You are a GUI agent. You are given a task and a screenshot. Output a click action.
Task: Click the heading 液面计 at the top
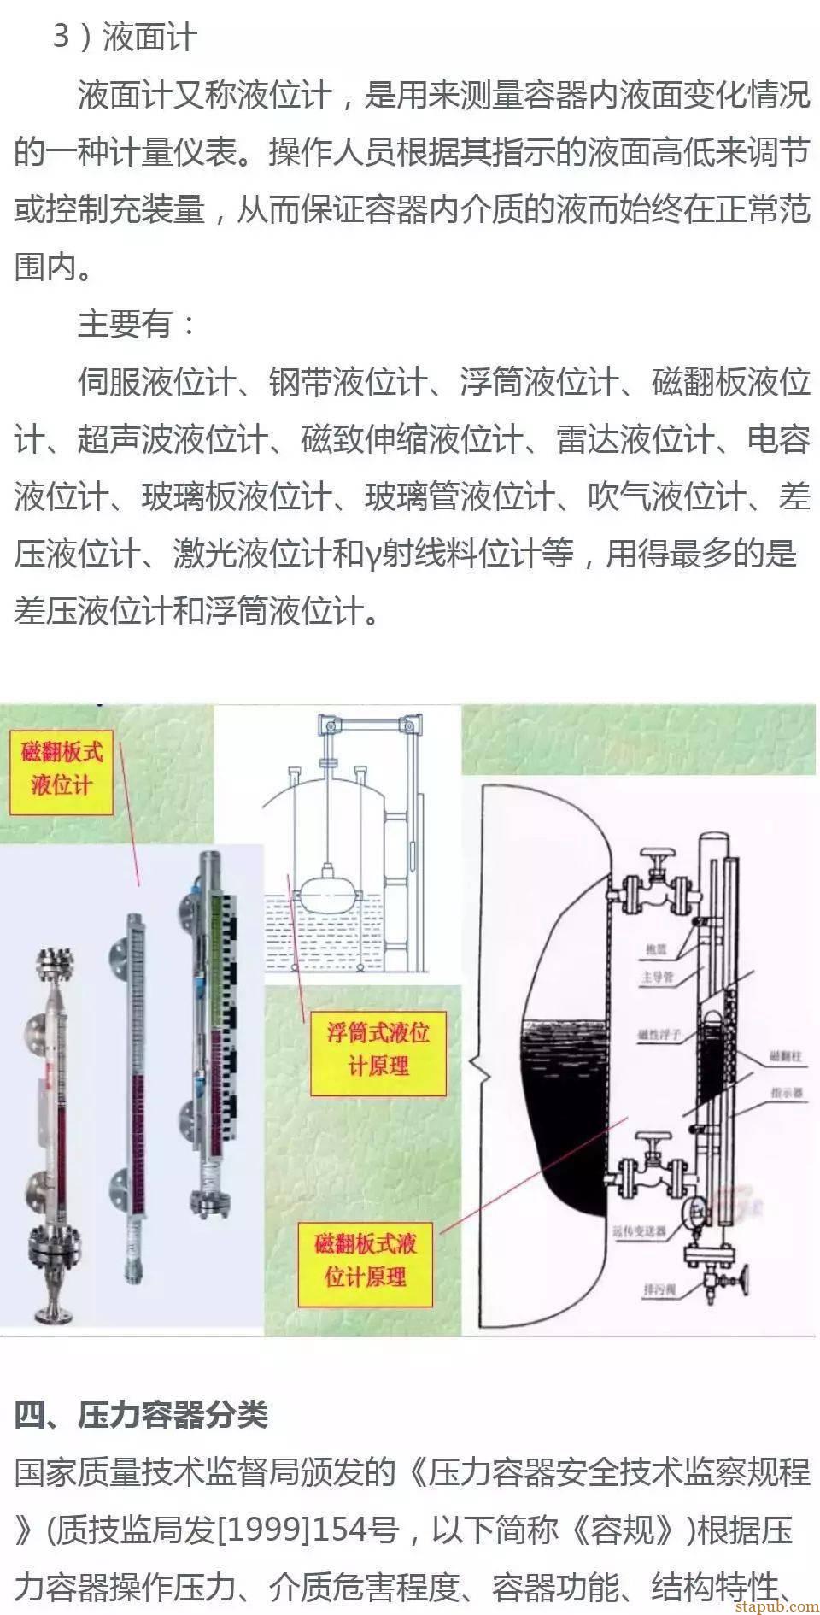coord(149,38)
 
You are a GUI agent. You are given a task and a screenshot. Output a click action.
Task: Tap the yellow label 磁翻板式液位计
coord(61,767)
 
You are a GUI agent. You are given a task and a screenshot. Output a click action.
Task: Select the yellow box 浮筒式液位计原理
coord(378,1049)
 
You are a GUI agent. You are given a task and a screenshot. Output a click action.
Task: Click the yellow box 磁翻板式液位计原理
coord(365,1260)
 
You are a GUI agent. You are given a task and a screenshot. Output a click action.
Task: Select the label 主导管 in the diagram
coord(658,976)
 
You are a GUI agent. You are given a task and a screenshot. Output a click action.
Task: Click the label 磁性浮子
coord(659,1034)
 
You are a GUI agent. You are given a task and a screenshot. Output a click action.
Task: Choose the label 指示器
coord(786,1092)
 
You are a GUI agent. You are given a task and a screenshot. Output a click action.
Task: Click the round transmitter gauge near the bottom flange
coord(698,1207)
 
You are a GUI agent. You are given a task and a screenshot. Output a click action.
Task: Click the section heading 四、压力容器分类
coord(141,1414)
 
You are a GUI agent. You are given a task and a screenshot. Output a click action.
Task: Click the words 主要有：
coord(137,324)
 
